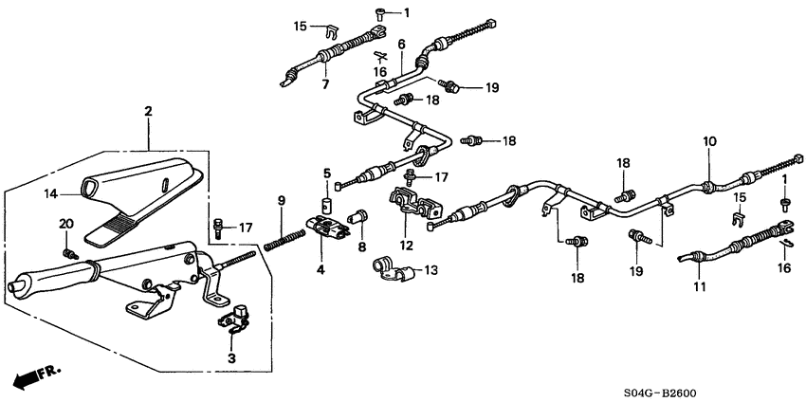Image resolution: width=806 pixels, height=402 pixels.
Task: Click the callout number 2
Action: (x=148, y=111)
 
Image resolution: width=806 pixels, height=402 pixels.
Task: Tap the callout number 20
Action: (x=65, y=223)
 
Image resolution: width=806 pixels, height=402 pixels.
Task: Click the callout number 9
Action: (x=280, y=199)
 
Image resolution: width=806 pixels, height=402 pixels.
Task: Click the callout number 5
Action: (x=325, y=174)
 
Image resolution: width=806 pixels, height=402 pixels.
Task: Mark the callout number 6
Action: (x=401, y=45)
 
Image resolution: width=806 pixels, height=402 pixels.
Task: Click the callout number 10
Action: (x=707, y=142)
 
